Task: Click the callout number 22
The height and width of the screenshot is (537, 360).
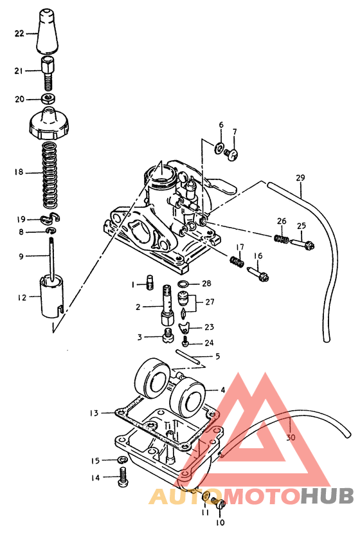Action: pyautogui.click(x=19, y=33)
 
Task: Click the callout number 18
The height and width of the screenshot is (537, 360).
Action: pyautogui.click(x=19, y=172)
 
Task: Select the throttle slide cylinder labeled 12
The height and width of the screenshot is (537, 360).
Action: pyautogui.click(x=51, y=296)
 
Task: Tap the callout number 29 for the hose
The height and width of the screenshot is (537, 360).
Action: pyautogui.click(x=300, y=177)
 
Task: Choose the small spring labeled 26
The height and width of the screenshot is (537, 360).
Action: pyautogui.click(x=281, y=239)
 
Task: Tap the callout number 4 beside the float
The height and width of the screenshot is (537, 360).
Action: pyautogui.click(x=222, y=390)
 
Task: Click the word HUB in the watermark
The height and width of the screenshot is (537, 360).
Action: pyautogui.click(x=328, y=496)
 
